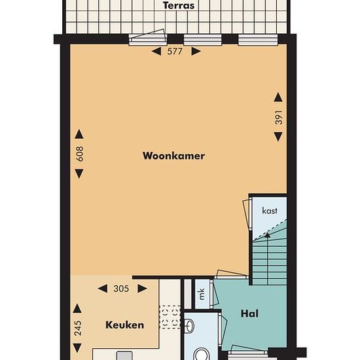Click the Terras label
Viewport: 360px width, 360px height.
pyautogui.click(x=179, y=5)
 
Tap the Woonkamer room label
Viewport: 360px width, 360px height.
pyautogui.click(x=174, y=156)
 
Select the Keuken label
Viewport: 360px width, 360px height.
pyautogui.click(x=124, y=325)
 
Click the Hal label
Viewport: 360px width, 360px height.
pyautogui.click(x=249, y=314)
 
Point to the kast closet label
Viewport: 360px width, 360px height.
pyautogui.click(x=270, y=210)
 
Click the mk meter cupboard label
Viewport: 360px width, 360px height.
pyautogui.click(x=202, y=294)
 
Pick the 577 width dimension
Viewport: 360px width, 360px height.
pyautogui.click(x=175, y=51)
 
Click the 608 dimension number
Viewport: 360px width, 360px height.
pyautogui.click(x=79, y=154)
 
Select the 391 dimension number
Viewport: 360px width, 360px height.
pyautogui.click(x=278, y=117)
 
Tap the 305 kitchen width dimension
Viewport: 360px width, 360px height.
pyautogui.click(x=121, y=289)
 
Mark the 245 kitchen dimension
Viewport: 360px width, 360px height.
pyautogui.click(x=78, y=328)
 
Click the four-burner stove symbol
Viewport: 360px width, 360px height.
pyautogui.click(x=170, y=317)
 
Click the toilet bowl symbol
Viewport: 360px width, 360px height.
pyautogui.click(x=202, y=354)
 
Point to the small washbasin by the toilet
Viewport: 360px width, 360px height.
pyautogui.click(x=190, y=325)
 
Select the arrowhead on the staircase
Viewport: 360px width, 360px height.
pyautogui.click(x=267, y=234)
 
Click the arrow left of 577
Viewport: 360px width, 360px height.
pyautogui.click(x=156, y=51)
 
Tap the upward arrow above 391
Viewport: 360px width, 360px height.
pyautogui.click(x=278, y=97)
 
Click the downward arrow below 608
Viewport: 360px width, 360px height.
pyautogui.click(x=79, y=173)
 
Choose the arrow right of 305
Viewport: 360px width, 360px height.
pyautogui.click(x=142, y=289)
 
